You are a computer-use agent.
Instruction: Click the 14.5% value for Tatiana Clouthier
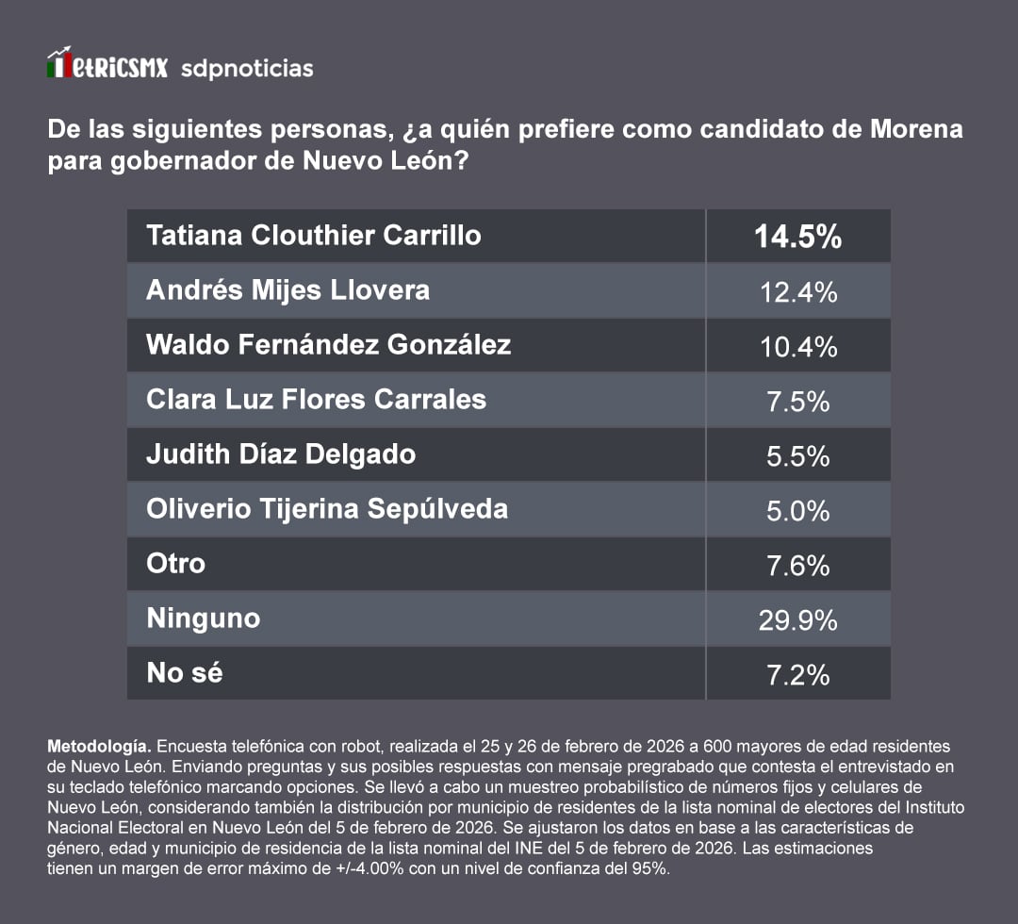tap(797, 237)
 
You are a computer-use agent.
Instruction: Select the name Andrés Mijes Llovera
tap(287, 289)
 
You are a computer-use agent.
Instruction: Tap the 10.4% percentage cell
tap(797, 347)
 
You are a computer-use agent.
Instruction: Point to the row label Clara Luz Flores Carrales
tap(316, 399)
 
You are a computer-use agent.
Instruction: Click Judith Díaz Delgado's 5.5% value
tap(797, 456)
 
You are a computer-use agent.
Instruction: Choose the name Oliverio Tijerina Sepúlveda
tap(327, 509)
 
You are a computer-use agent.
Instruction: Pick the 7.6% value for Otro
tap(797, 566)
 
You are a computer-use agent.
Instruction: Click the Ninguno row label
tap(204, 619)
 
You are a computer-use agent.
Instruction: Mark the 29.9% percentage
tap(797, 620)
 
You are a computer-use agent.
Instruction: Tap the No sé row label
tap(185, 672)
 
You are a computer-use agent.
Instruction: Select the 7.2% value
tap(797, 675)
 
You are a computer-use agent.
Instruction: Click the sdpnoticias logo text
tap(246, 69)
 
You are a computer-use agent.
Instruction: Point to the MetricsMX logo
tap(107, 66)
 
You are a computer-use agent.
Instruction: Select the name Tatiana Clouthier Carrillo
tap(314, 235)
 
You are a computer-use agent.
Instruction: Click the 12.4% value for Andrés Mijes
tap(797, 292)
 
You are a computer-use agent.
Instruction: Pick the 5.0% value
tap(797, 511)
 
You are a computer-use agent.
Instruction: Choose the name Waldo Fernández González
tap(328, 344)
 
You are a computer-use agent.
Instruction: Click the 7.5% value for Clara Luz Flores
tap(797, 402)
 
